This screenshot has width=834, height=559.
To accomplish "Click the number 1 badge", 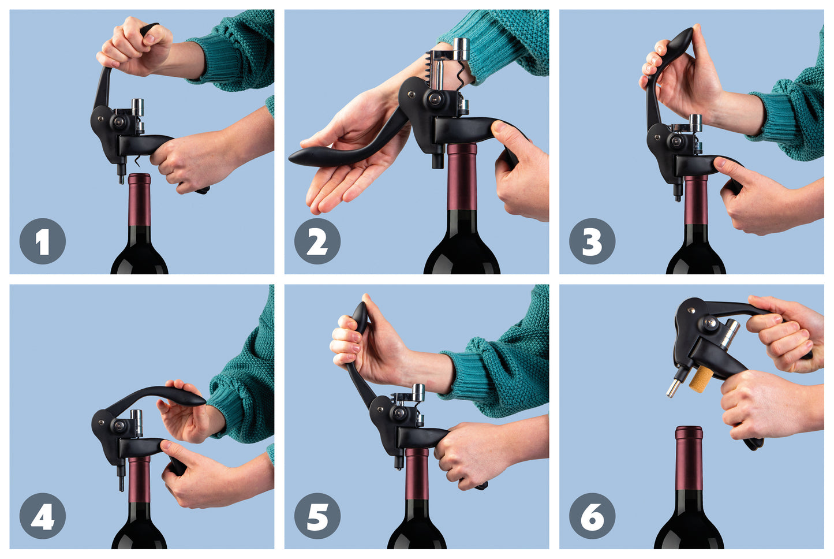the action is coord(43,241).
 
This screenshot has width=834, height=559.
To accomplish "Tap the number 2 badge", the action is coord(317,241).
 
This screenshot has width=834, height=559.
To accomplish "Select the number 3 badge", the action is coord(592,241).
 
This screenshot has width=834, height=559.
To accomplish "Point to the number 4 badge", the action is coord(43,516).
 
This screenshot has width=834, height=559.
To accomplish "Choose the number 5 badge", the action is coord(317,516).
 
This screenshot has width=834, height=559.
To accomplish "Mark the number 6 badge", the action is coord(592,516).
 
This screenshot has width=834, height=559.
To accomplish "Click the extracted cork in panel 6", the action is coord(700,379).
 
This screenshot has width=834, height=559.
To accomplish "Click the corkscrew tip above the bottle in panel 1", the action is coord(137,161).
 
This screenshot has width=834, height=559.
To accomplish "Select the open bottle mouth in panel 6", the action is coord(689,428).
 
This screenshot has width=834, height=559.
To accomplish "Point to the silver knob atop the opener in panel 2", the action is coord(461,49).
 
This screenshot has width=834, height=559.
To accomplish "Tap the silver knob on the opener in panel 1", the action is coord(137,107).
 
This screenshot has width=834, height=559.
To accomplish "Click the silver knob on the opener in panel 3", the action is coord(695,123).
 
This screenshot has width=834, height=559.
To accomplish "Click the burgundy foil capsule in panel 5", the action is coord(417,474).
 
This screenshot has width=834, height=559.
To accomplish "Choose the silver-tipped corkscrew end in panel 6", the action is coord(674,387).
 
